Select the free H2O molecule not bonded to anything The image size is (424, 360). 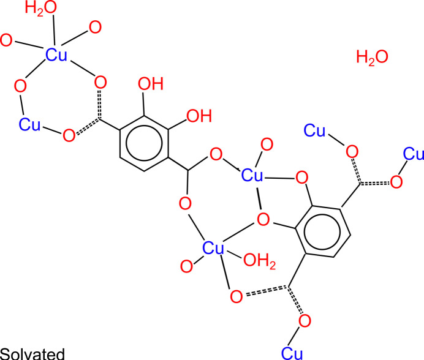(x=372, y=58)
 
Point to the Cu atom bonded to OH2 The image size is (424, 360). (x=214, y=249)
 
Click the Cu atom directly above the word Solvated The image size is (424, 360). (x=30, y=125)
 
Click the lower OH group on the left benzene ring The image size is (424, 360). (x=197, y=114)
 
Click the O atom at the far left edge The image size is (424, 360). (x=6, y=41)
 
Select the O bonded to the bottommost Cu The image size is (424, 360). (x=305, y=321)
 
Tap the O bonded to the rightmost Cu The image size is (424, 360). (x=396, y=181)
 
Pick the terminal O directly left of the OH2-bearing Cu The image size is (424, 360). (x=186, y=266)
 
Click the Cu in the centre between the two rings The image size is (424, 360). (x=253, y=176)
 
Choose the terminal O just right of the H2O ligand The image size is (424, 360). (x=95, y=26)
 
